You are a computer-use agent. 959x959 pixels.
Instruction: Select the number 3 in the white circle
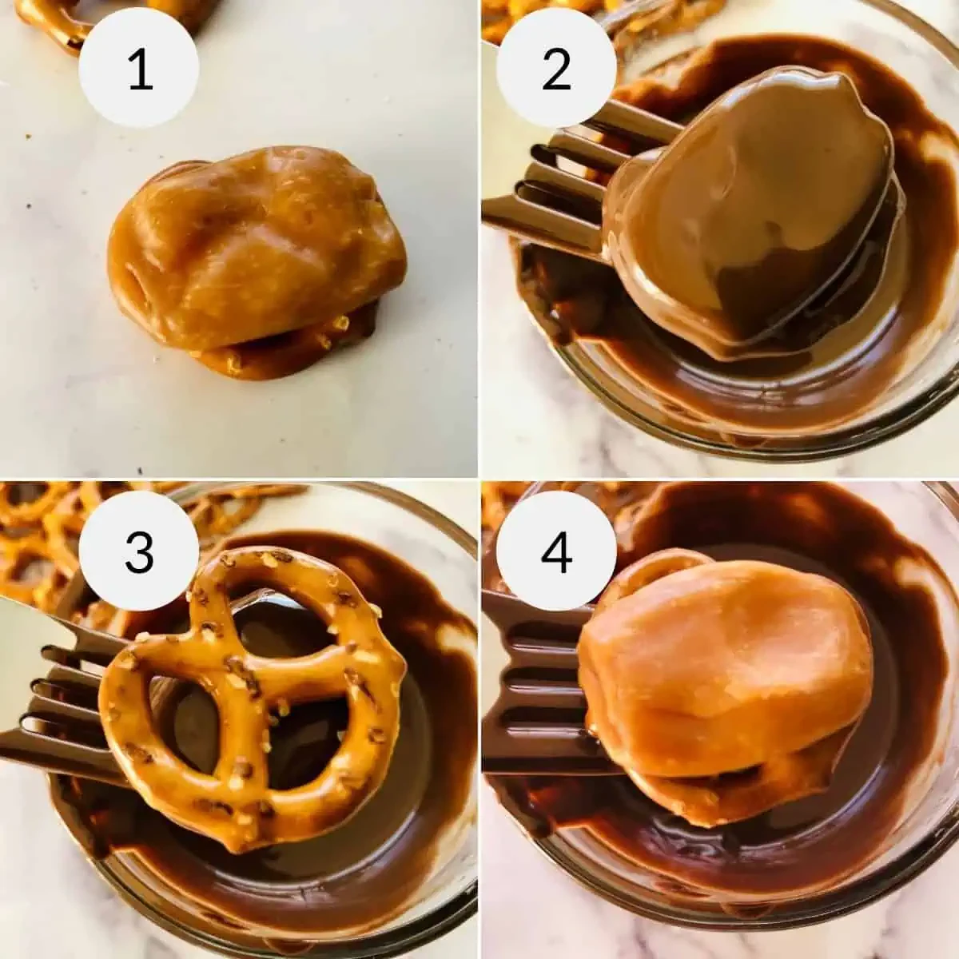tap(139, 553)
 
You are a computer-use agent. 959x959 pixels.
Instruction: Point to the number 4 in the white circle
tap(556, 553)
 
